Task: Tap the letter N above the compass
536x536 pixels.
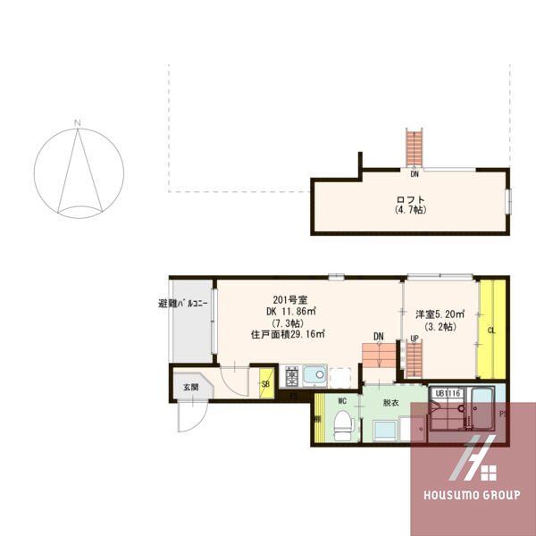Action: click(78, 122)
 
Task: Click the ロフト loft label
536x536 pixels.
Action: click(410, 199)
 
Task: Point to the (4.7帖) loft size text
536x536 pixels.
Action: click(410, 211)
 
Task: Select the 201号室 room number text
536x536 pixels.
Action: click(289, 300)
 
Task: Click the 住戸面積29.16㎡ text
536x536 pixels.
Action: click(287, 334)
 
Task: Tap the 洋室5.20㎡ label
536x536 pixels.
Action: click(440, 314)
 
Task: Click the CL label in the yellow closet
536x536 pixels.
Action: click(491, 331)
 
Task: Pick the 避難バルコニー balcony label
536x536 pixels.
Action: click(183, 305)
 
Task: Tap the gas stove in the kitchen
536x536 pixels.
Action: click(292, 375)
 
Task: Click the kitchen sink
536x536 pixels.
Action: click(314, 375)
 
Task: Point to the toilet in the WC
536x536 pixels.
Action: click(342, 428)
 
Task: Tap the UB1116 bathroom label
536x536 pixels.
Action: click(448, 392)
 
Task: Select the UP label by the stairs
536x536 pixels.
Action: click(415, 338)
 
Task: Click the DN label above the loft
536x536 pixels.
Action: click(415, 174)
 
